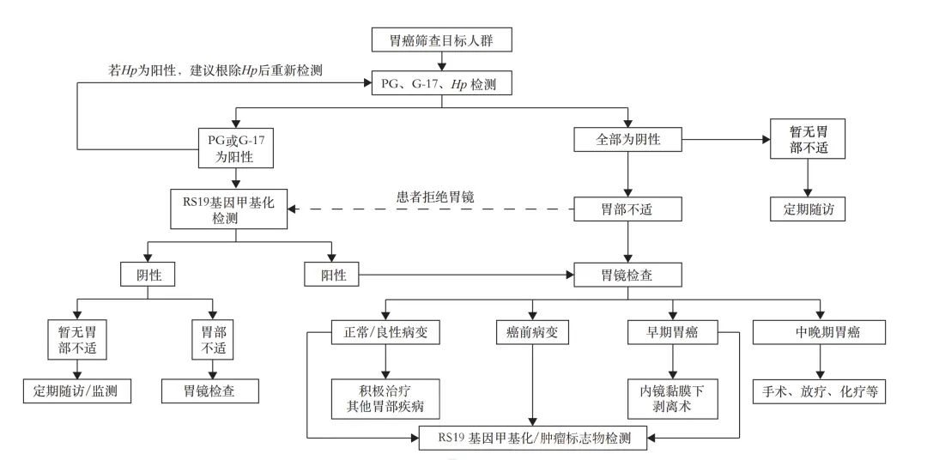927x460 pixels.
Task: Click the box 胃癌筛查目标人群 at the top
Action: point(442,39)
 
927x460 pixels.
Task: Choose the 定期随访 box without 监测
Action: point(806,209)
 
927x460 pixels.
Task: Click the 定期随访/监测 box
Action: point(76,391)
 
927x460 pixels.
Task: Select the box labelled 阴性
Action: point(148,275)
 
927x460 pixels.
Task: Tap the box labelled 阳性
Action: point(331,275)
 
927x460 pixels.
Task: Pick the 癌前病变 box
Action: point(532,332)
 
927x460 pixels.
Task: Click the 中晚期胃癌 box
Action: point(819,332)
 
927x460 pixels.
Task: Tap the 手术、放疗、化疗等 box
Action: point(819,391)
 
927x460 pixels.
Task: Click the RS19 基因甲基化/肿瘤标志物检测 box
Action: point(533,438)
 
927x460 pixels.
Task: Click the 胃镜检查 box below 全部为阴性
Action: point(628,275)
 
